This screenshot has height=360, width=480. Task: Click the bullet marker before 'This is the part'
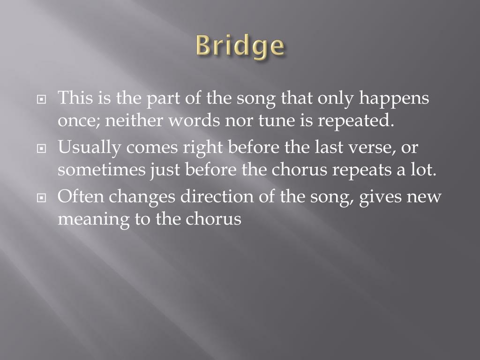click(x=42, y=100)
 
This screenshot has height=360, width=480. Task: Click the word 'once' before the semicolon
click(x=77, y=121)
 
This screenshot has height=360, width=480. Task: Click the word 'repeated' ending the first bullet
click(x=354, y=121)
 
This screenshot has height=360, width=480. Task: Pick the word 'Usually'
click(x=90, y=148)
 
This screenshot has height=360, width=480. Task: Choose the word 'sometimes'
click(x=101, y=170)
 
